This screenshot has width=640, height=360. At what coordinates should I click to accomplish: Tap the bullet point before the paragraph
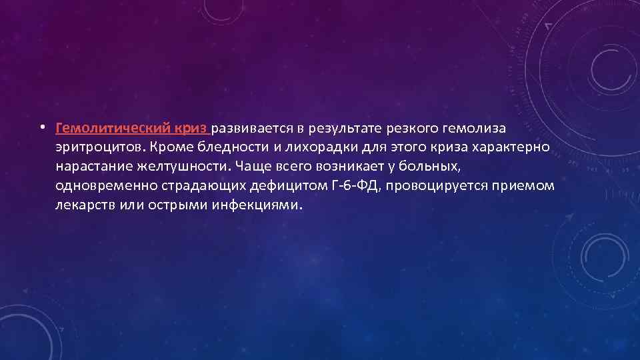41,127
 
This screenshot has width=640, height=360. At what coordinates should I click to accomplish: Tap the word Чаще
251,166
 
